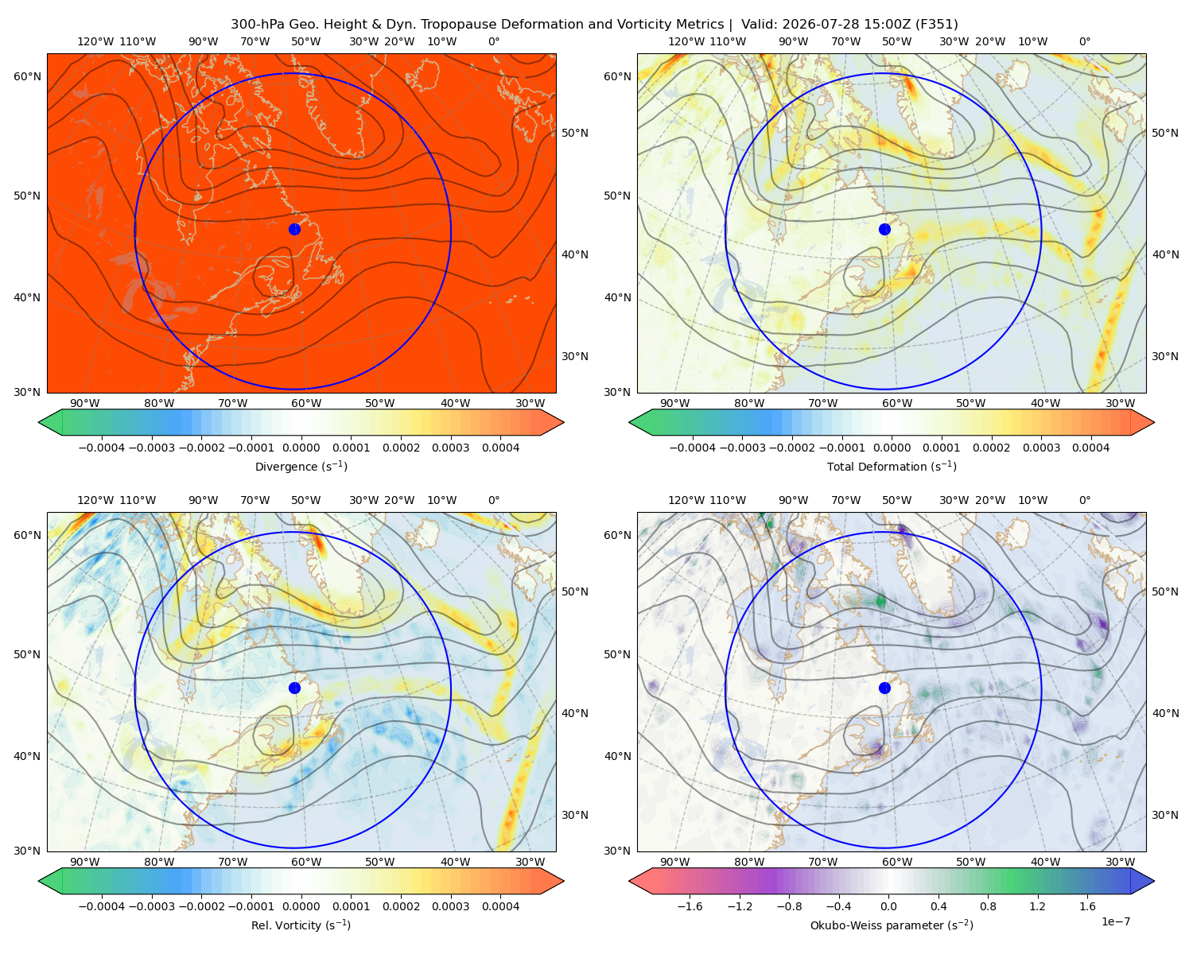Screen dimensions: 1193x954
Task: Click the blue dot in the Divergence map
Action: point(294,229)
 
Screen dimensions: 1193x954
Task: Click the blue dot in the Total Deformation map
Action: point(884,229)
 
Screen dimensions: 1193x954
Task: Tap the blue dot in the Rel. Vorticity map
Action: point(294,688)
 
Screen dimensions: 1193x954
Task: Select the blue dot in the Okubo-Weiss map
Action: point(884,688)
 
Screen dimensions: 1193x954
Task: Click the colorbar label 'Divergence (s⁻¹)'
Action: point(301,467)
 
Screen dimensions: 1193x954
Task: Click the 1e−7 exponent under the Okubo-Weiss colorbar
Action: point(1115,921)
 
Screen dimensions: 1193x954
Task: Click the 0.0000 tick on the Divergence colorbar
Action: point(301,448)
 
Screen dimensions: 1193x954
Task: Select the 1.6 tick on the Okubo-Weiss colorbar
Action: point(1087,906)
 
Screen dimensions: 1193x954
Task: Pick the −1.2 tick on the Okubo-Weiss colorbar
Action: point(740,906)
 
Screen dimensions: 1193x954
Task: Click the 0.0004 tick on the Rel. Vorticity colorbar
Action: point(500,906)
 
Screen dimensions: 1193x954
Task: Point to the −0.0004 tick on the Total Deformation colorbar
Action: point(692,448)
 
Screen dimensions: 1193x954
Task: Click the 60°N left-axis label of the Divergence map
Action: point(27,76)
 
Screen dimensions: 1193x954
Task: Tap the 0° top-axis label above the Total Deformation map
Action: point(1084,41)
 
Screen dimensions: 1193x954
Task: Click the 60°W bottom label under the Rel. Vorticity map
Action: point(306,862)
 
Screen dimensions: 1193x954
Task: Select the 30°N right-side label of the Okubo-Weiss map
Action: point(1164,815)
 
